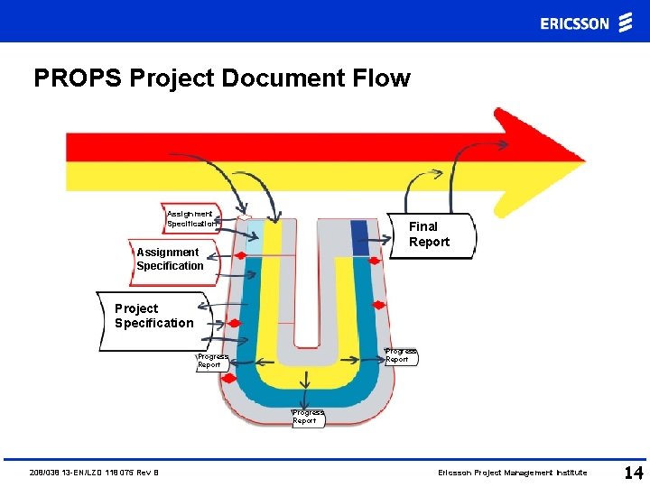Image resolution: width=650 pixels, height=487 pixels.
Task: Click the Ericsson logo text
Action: tap(575, 23)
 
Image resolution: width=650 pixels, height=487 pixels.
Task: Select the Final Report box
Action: tap(431, 235)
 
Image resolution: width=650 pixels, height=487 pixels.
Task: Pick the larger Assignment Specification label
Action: tap(172, 260)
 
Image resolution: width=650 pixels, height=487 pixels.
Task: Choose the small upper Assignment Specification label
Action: tap(190, 218)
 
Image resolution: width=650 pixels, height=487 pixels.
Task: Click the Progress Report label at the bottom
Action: tap(306, 417)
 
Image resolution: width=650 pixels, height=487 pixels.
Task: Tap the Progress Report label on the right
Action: tap(400, 355)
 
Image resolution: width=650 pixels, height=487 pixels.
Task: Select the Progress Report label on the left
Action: tap(213, 361)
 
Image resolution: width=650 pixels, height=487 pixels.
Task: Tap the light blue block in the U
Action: tap(253, 236)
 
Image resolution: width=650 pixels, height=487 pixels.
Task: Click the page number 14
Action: tap(632, 472)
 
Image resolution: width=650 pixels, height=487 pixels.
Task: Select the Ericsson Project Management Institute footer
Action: tap(512, 473)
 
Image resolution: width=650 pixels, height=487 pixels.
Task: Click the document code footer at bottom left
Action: tap(94, 473)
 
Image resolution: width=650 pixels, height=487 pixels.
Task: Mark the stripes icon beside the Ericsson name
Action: tap(625, 23)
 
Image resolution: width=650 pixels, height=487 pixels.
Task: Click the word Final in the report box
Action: tap(422, 227)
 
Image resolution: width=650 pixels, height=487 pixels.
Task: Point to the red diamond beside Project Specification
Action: tap(234, 323)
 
